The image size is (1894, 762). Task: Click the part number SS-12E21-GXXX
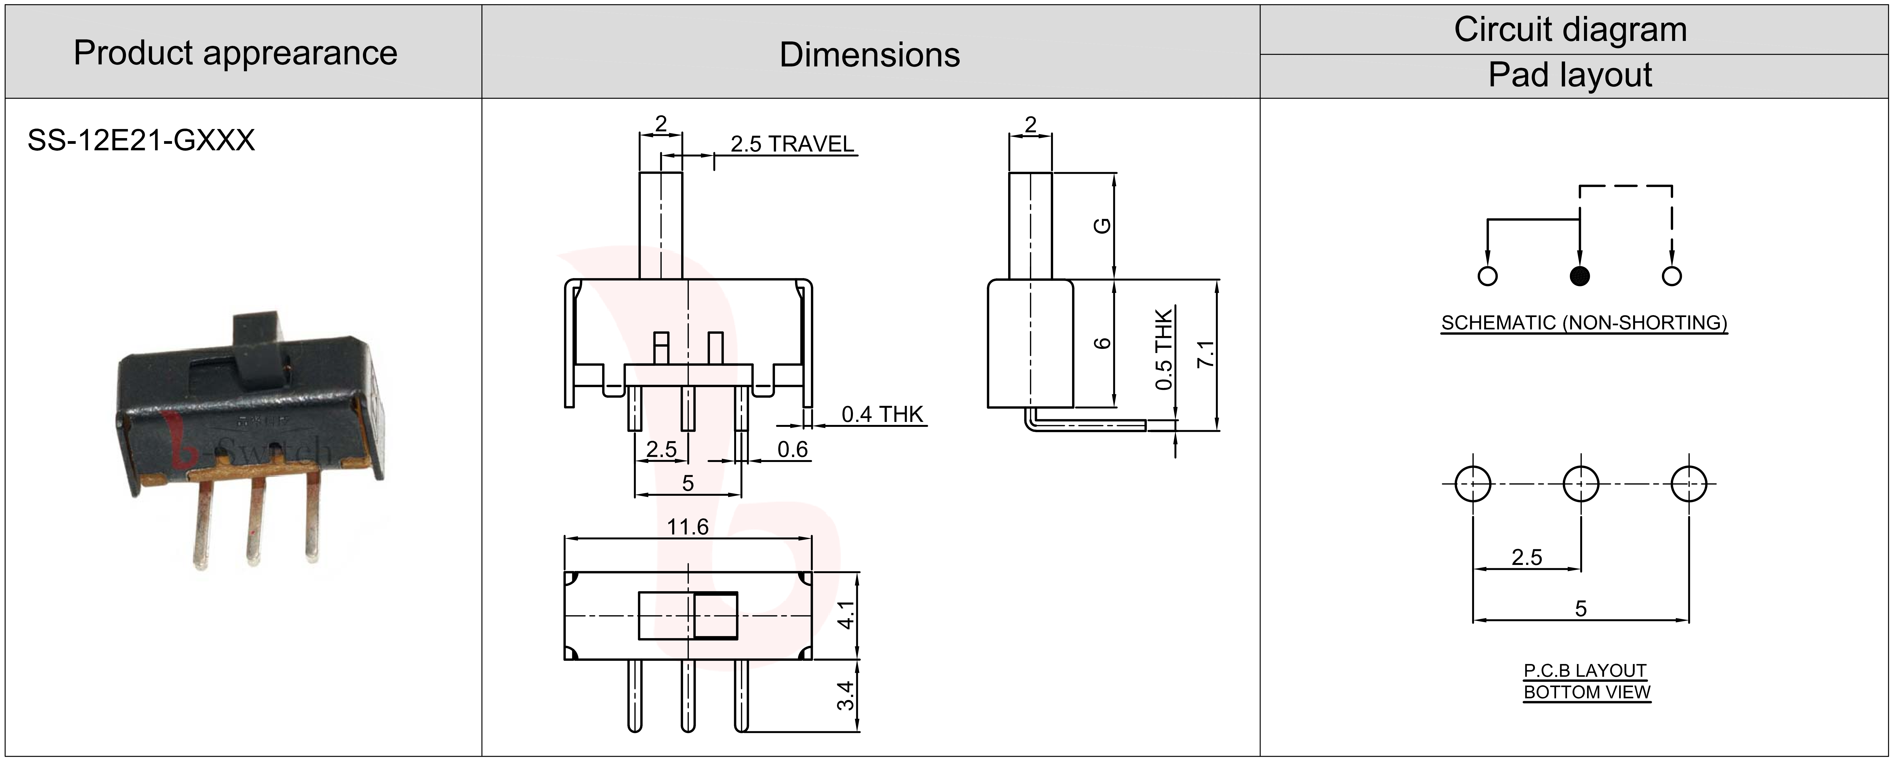pos(141,140)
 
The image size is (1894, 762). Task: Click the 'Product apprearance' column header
pos(235,53)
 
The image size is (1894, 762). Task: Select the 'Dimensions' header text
pos(870,55)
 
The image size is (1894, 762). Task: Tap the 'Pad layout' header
pos(1570,75)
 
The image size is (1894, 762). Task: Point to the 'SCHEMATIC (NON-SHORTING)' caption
pos(1584,323)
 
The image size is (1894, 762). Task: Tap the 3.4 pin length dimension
pos(846,696)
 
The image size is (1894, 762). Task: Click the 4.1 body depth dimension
pos(846,615)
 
